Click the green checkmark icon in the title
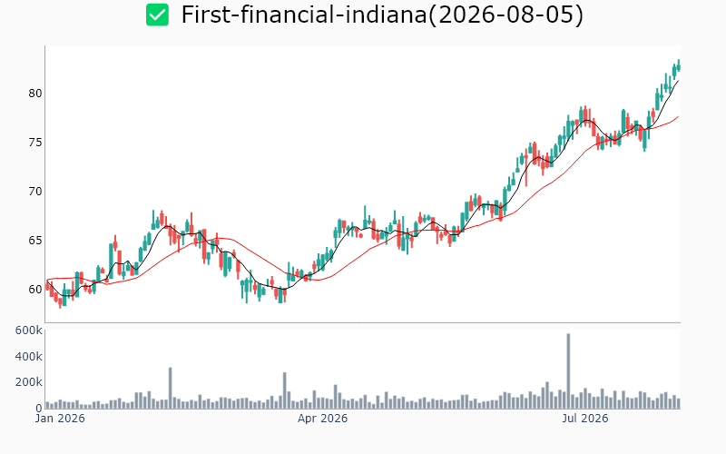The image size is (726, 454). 157,15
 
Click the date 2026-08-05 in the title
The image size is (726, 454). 505,15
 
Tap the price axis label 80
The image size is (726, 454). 35,94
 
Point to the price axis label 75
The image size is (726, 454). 35,143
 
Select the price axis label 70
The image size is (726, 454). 35,192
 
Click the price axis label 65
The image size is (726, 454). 35,241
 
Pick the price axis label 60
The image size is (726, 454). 35,290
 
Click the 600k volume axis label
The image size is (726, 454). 29,331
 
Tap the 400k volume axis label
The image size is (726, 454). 29,356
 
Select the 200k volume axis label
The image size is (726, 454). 29,382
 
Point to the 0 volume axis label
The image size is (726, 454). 39,408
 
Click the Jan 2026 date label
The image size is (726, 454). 60,419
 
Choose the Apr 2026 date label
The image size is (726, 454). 322,419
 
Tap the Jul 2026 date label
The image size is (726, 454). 584,419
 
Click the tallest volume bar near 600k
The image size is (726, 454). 568,370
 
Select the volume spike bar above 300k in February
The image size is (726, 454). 171,388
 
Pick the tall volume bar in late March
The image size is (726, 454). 285,390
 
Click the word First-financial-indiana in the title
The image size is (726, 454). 304,15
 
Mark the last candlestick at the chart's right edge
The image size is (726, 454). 679,65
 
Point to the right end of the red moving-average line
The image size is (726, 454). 679,116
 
